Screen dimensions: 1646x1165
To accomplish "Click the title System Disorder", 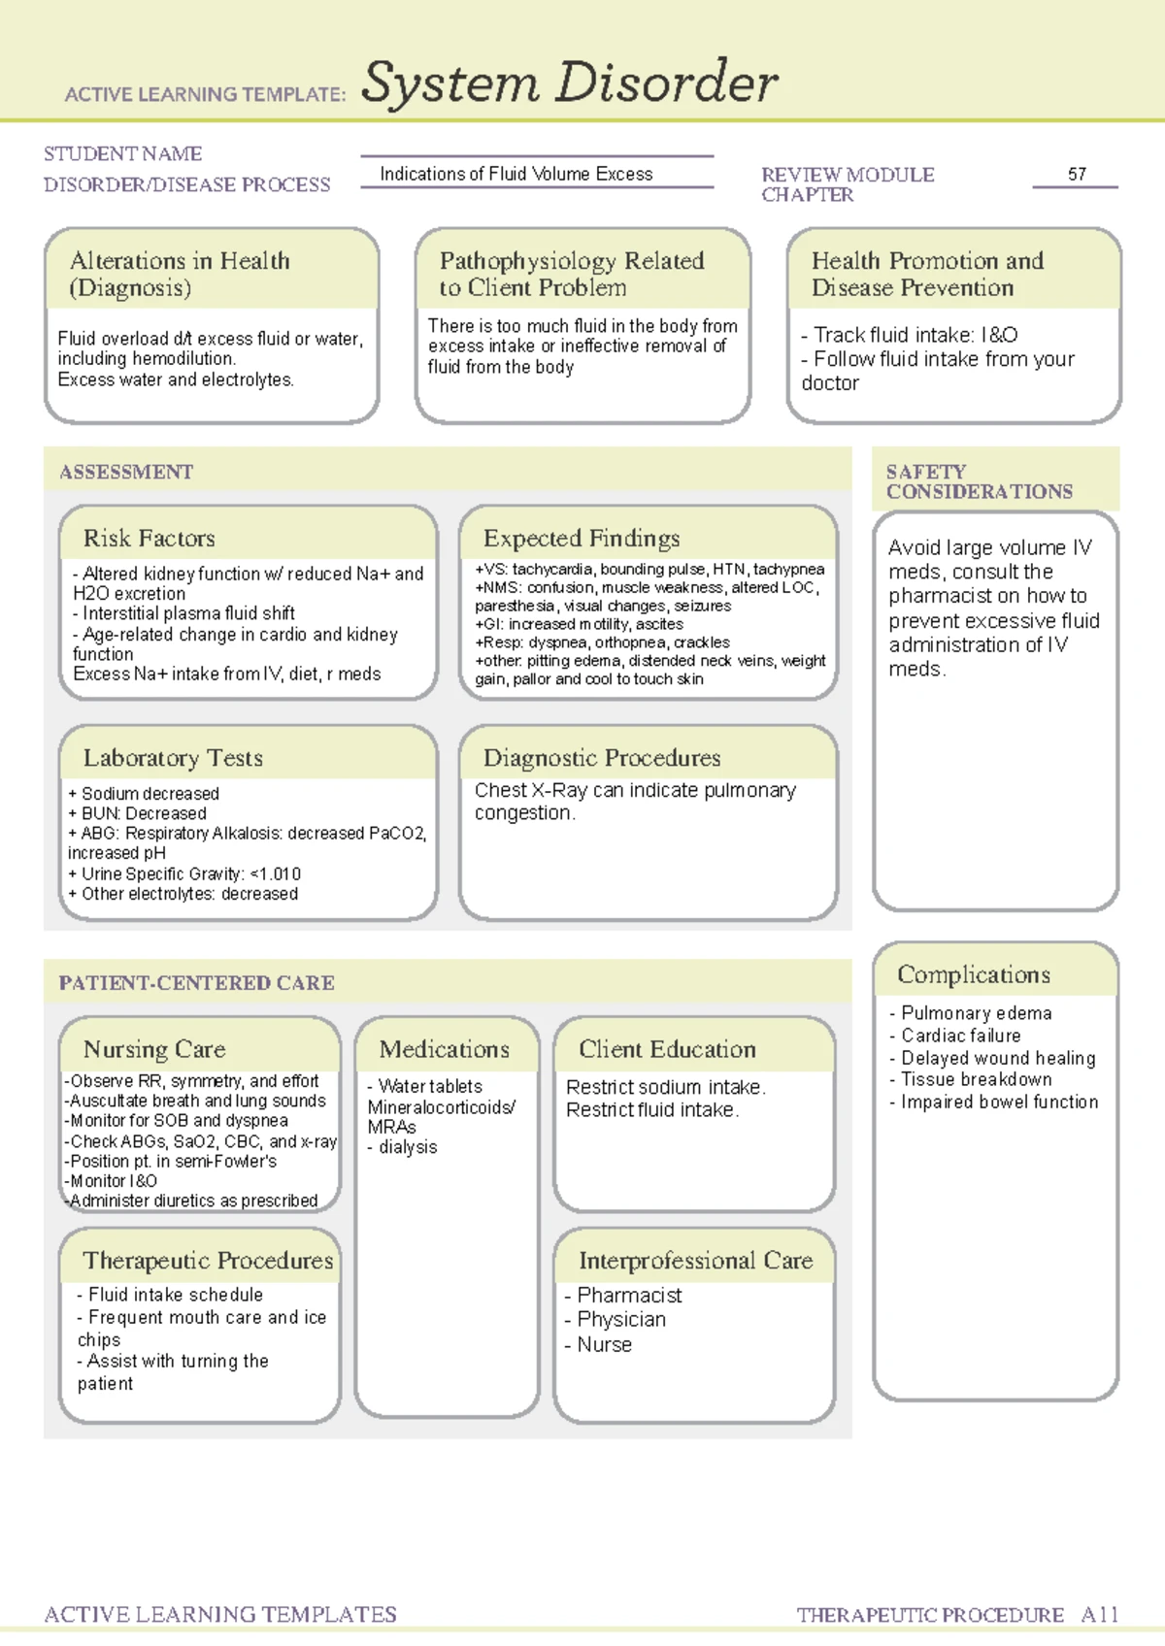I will coord(569,83).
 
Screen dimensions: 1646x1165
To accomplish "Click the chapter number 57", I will coord(1077,175).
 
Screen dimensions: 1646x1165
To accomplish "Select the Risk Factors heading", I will coord(149,539).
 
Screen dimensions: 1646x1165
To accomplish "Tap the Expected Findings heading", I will coord(582,539).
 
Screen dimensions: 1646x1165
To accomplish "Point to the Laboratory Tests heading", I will coord(173,758).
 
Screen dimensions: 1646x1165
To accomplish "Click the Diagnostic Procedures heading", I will coord(602,758).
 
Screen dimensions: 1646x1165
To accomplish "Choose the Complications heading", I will coord(973,974).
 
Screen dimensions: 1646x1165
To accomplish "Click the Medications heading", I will coord(444,1049).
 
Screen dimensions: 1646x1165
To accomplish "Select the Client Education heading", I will coord(667,1049).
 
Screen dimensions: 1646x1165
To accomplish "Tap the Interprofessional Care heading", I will coord(695,1261).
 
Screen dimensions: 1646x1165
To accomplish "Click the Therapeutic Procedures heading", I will coord(208,1261).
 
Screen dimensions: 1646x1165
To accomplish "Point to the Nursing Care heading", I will coord(154,1049).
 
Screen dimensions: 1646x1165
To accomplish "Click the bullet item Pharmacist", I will coord(629,1296).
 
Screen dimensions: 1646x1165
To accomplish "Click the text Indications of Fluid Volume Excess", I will coord(516,175).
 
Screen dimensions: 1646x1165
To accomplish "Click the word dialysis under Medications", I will coord(408,1147).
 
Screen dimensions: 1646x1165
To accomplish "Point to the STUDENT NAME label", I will coord(122,154).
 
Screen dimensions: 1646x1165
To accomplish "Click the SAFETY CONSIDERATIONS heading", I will coord(979,481).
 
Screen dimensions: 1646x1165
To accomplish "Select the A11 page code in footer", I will coord(1100,1615).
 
